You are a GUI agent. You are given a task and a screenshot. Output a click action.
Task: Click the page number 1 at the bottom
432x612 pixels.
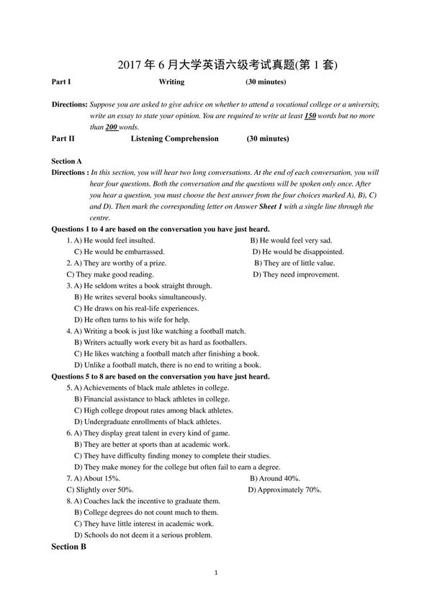tap(216, 573)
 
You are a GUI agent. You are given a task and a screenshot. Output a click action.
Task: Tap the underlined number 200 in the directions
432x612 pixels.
tap(111, 127)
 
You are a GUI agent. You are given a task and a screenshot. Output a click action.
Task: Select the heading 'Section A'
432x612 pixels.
tap(67, 161)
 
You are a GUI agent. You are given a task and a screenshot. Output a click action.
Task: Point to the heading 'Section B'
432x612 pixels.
tap(68, 547)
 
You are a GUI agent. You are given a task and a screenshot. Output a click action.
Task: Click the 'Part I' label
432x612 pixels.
tap(61, 82)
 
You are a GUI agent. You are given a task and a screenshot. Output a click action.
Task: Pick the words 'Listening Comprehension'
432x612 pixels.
tap(174, 138)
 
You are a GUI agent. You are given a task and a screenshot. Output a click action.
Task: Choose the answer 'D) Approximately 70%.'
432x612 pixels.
tap(284, 490)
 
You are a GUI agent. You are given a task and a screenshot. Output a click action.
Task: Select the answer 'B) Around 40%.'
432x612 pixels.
tap(275, 478)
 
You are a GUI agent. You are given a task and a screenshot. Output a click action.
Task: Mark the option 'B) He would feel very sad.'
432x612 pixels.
tap(291, 240)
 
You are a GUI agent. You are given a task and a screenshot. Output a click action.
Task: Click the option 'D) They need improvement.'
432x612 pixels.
tap(296, 274)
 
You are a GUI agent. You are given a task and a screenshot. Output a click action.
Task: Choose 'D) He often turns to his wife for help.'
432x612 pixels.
tap(132, 320)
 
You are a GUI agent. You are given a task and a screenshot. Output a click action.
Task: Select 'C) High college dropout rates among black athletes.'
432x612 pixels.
tap(153, 410)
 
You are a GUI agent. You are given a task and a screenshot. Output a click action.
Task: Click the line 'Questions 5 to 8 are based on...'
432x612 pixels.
tap(161, 376)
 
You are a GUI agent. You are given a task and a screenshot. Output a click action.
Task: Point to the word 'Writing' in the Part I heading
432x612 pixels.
tap(171, 82)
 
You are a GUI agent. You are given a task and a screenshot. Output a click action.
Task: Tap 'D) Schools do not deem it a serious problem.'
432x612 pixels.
tap(143, 535)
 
